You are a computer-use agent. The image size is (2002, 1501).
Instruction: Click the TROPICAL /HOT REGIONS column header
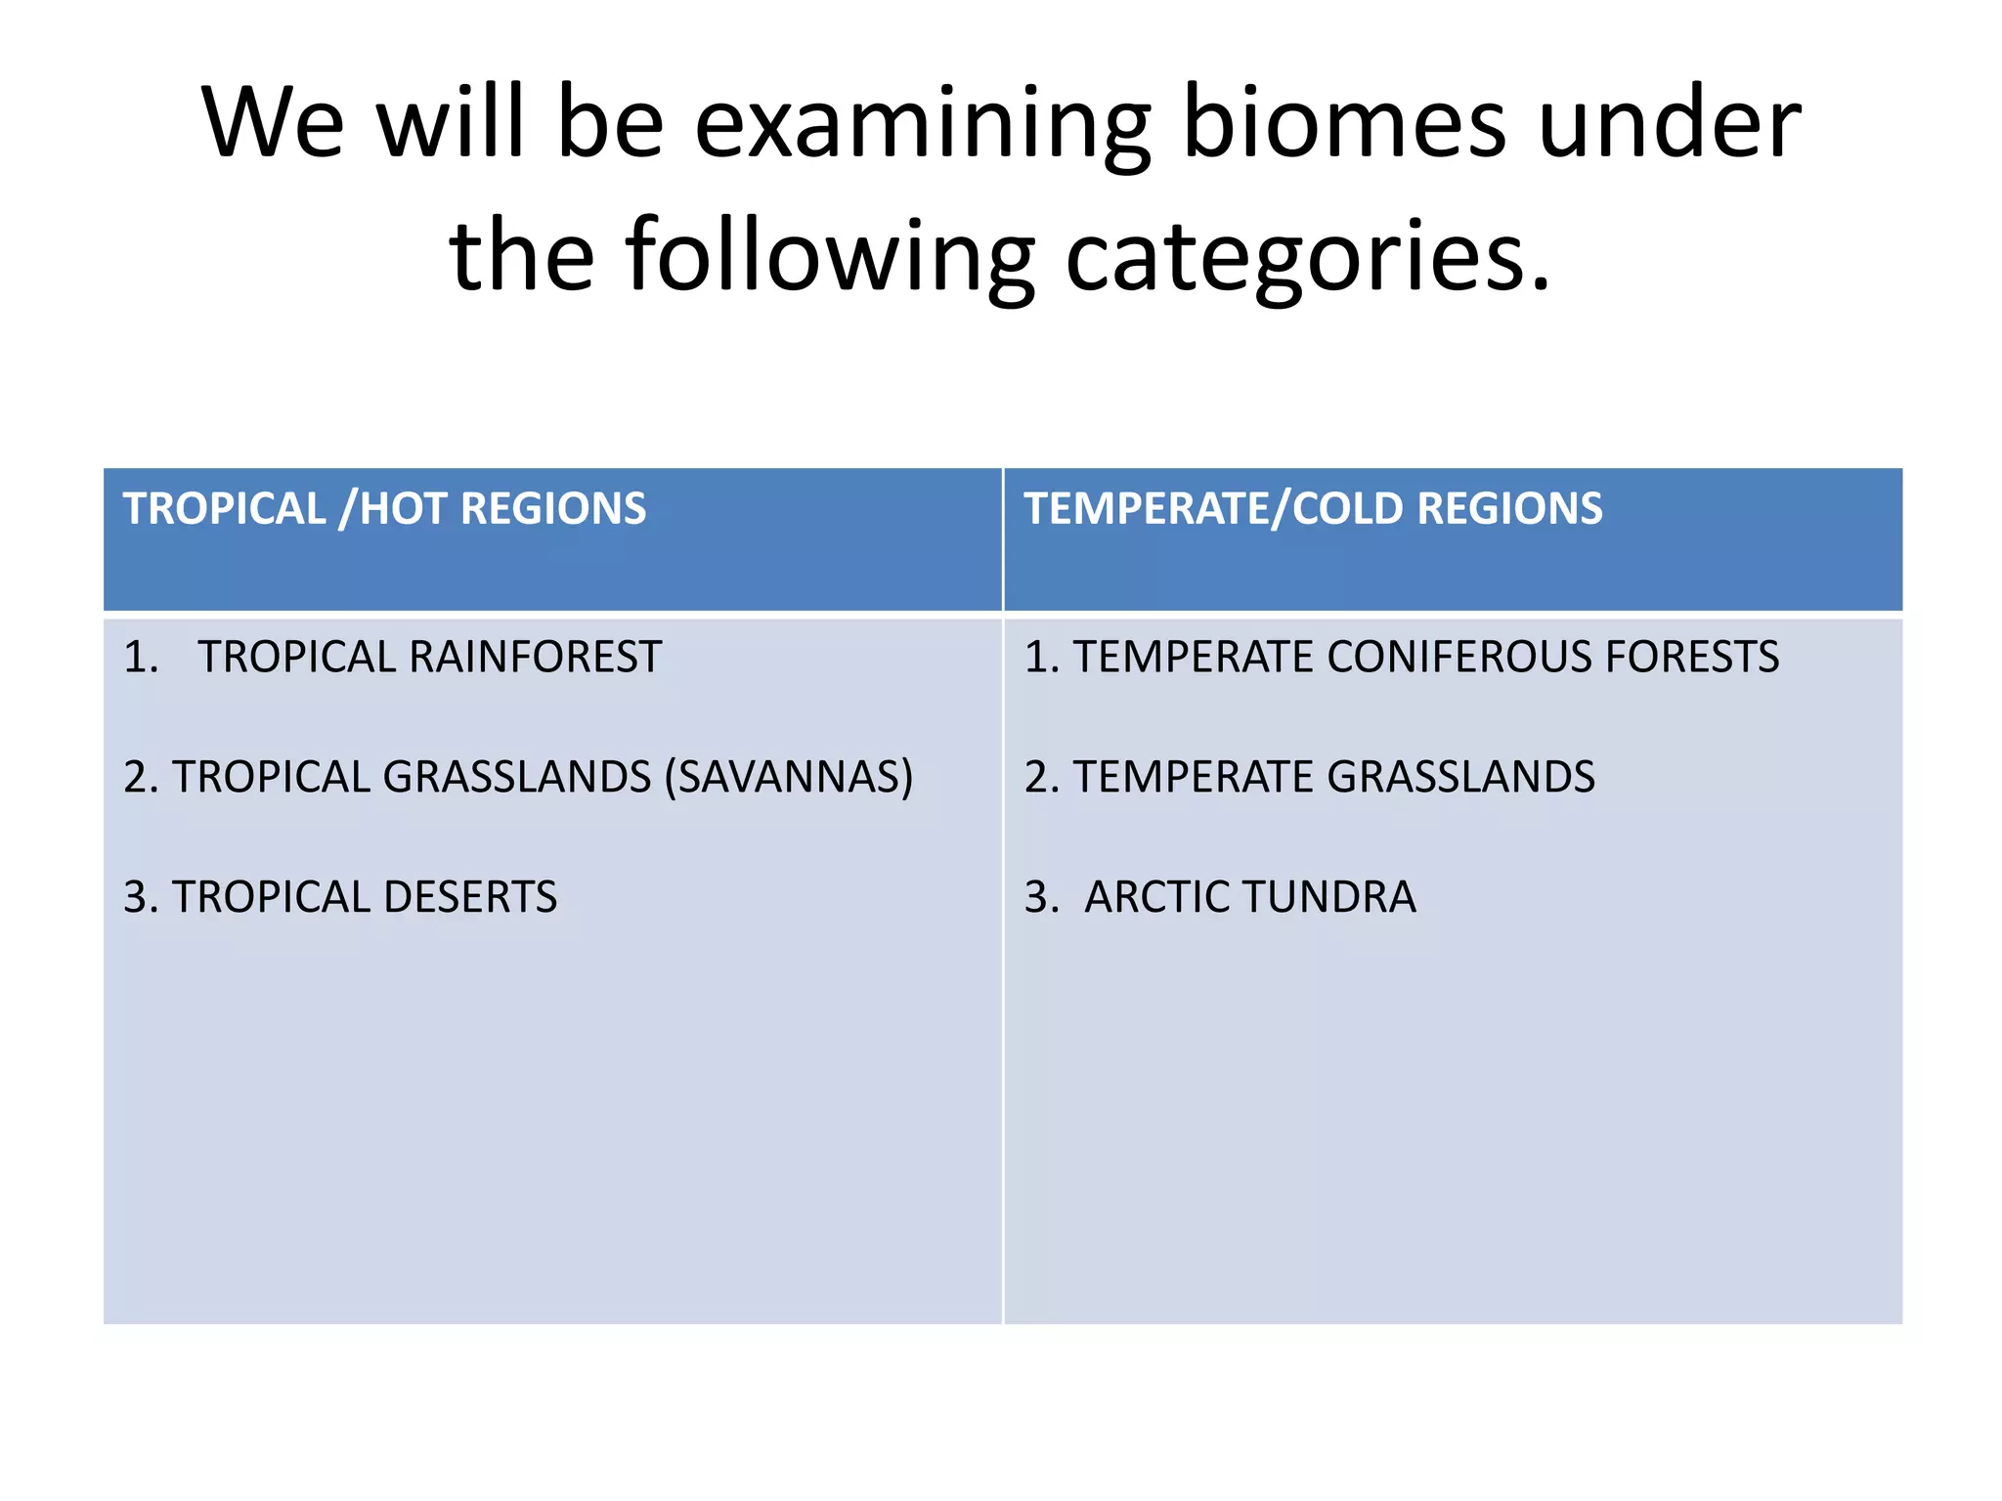384,509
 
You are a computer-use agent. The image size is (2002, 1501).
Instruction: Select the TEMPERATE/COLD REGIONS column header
1313,509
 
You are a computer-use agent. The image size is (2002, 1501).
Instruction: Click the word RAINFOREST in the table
535,657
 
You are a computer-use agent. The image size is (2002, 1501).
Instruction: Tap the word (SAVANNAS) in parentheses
788,778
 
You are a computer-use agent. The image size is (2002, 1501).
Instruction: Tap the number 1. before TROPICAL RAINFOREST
141,657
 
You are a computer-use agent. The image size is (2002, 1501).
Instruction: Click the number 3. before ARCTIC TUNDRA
1041,897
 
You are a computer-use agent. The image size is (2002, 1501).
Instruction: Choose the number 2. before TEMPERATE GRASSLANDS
1041,778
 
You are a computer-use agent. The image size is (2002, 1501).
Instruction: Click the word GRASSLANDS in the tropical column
517,778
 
